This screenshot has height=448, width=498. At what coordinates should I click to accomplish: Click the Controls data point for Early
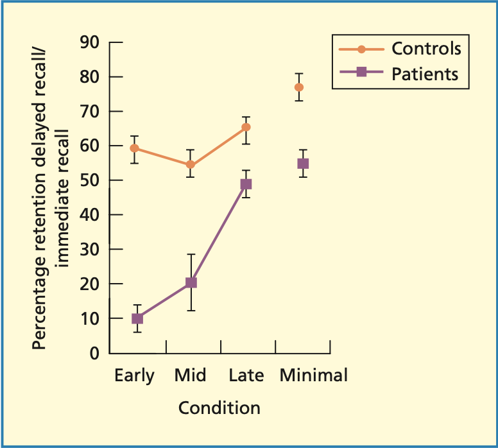pos(135,148)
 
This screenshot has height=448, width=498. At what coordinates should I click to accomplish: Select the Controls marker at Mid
pos(191,164)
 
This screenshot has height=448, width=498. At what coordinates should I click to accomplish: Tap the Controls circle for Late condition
pos(246,127)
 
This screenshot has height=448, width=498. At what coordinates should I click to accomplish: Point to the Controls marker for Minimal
pos(299,87)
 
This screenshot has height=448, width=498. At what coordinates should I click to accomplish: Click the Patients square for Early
pos(137,318)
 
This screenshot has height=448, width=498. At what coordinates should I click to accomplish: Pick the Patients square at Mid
pos(191,282)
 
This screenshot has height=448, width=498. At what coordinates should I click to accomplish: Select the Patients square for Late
pos(246,184)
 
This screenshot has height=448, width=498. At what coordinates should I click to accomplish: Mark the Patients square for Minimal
pos(303,164)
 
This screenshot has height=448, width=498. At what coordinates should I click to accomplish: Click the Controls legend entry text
pos(426,49)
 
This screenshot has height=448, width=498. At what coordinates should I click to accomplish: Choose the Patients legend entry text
pos(425,73)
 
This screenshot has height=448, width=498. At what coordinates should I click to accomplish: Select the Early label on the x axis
pos(135,375)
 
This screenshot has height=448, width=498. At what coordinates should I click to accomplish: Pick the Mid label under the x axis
pos(191,375)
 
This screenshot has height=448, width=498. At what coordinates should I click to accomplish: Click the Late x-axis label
pos(246,375)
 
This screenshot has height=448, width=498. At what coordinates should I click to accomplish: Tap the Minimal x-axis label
pos(313,375)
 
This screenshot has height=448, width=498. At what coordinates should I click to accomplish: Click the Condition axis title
pos(219,408)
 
